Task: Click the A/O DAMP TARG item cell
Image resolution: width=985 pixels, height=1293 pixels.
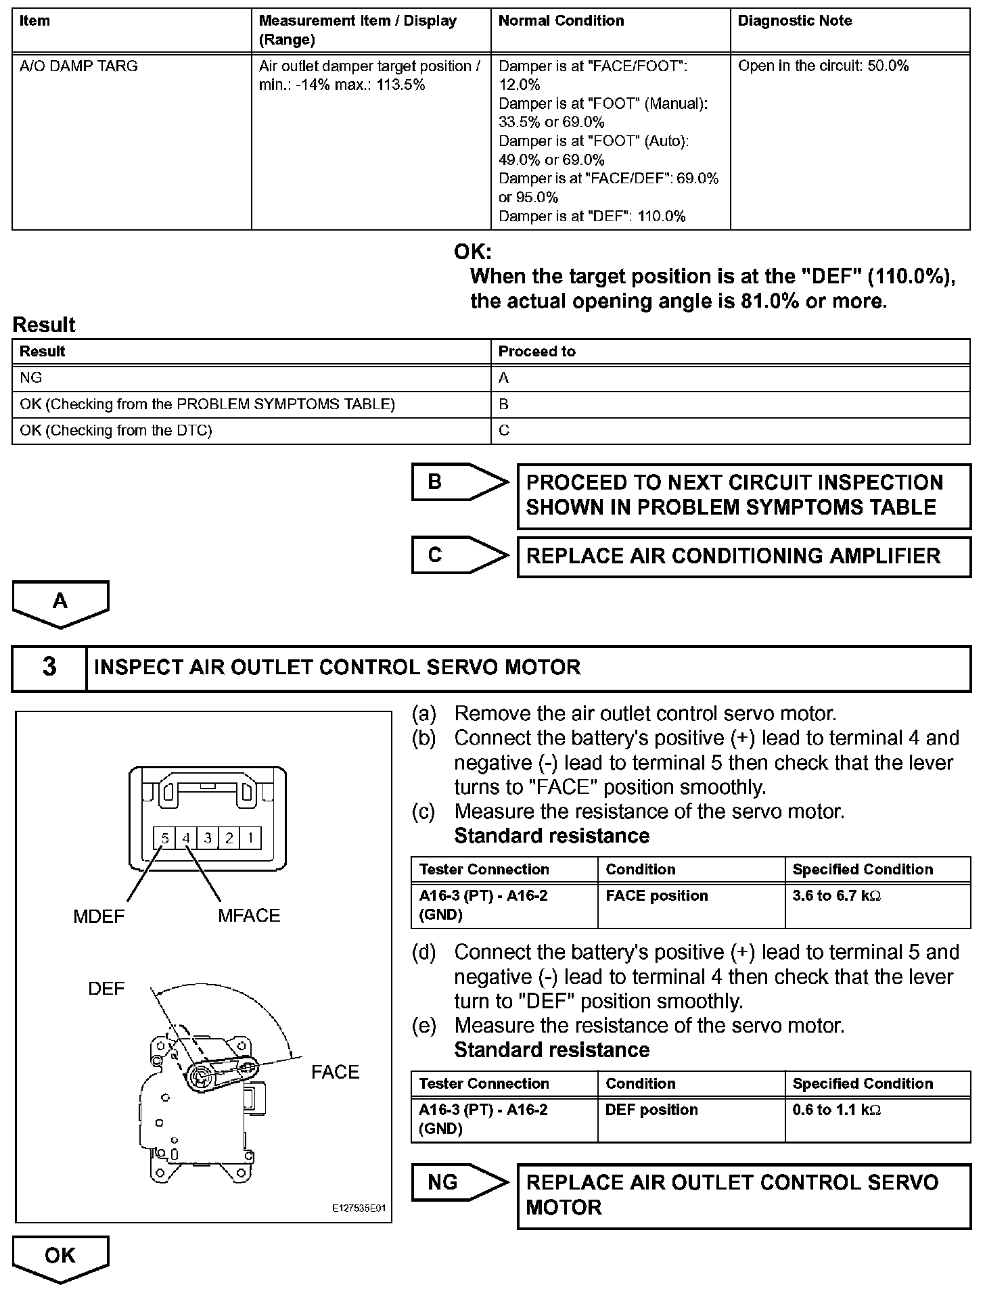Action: click(x=78, y=66)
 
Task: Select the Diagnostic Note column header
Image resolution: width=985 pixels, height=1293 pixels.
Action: click(x=794, y=21)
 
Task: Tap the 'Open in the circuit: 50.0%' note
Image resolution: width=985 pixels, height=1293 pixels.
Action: click(x=823, y=66)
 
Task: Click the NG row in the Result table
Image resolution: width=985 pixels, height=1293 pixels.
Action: click(x=31, y=378)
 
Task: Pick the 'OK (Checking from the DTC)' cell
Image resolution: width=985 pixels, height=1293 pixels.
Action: click(x=116, y=431)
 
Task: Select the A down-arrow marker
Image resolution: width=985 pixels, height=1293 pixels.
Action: click(x=60, y=601)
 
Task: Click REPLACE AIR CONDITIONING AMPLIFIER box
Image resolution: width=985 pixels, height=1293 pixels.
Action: click(x=743, y=557)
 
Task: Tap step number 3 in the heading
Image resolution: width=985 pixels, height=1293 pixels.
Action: click(x=49, y=667)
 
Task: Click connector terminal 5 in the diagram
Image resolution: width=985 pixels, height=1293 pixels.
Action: click(x=164, y=839)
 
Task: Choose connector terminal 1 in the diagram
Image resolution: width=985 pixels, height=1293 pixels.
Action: click(x=250, y=839)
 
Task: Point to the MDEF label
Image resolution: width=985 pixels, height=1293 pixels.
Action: click(x=99, y=917)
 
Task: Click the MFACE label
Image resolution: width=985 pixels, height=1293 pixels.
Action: click(x=248, y=916)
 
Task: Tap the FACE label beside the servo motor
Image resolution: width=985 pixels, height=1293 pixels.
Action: click(x=335, y=1073)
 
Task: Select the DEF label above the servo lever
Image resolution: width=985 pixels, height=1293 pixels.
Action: click(x=106, y=989)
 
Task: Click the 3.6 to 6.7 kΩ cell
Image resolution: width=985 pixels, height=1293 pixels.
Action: click(x=836, y=896)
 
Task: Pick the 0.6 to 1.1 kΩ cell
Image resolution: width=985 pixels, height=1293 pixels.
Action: click(x=836, y=1110)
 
